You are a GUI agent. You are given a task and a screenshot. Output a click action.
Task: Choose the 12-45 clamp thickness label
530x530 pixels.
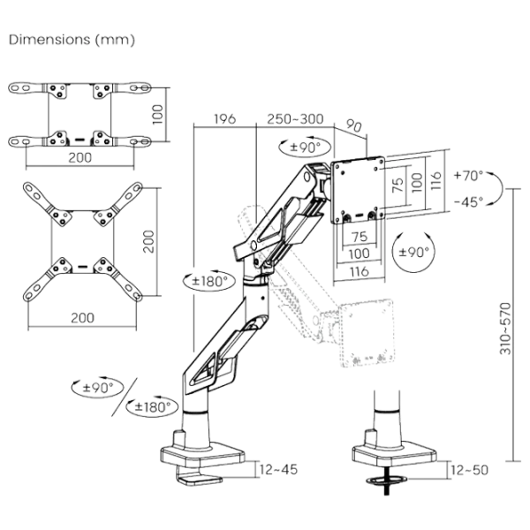pos(282,469)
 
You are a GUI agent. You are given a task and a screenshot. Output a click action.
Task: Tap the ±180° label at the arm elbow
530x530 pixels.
pos(206,281)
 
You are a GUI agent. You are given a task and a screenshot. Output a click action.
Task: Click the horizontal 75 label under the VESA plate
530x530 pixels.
pos(359,238)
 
